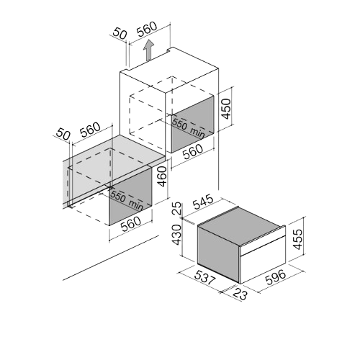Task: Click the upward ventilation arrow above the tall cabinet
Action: pos(148,50)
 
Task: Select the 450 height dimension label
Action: pos(226,109)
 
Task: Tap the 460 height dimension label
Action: pos(162,176)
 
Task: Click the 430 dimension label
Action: pos(177,235)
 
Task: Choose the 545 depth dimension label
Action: pos(203,202)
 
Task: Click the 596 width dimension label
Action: pos(276,277)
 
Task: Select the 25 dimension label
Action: pos(177,209)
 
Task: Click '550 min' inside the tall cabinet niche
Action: pos(189,128)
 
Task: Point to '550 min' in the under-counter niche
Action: pos(127,200)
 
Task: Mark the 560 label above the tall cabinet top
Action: pos(147,30)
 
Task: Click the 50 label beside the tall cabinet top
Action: pos(120,33)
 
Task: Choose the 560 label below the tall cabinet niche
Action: pos(193,152)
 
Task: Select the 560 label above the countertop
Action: pos(90,130)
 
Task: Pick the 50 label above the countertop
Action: pos(63,134)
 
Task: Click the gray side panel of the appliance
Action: pos(218,254)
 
